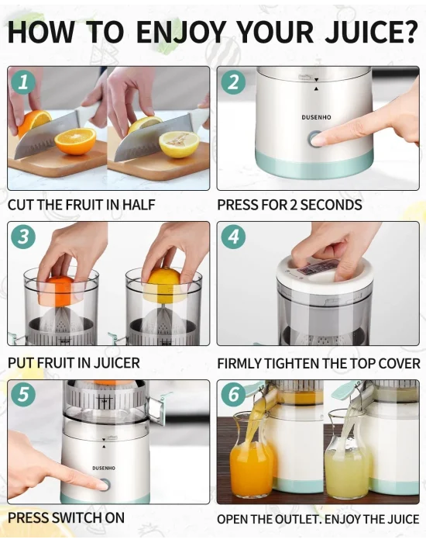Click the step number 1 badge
23,83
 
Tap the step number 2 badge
233,83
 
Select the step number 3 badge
23,237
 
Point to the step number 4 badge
233,237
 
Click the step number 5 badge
23,394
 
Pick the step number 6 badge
233,394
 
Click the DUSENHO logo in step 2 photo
316,117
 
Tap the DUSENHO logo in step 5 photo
104,469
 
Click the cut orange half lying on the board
75,141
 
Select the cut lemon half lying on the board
179,144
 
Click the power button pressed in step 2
314,139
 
